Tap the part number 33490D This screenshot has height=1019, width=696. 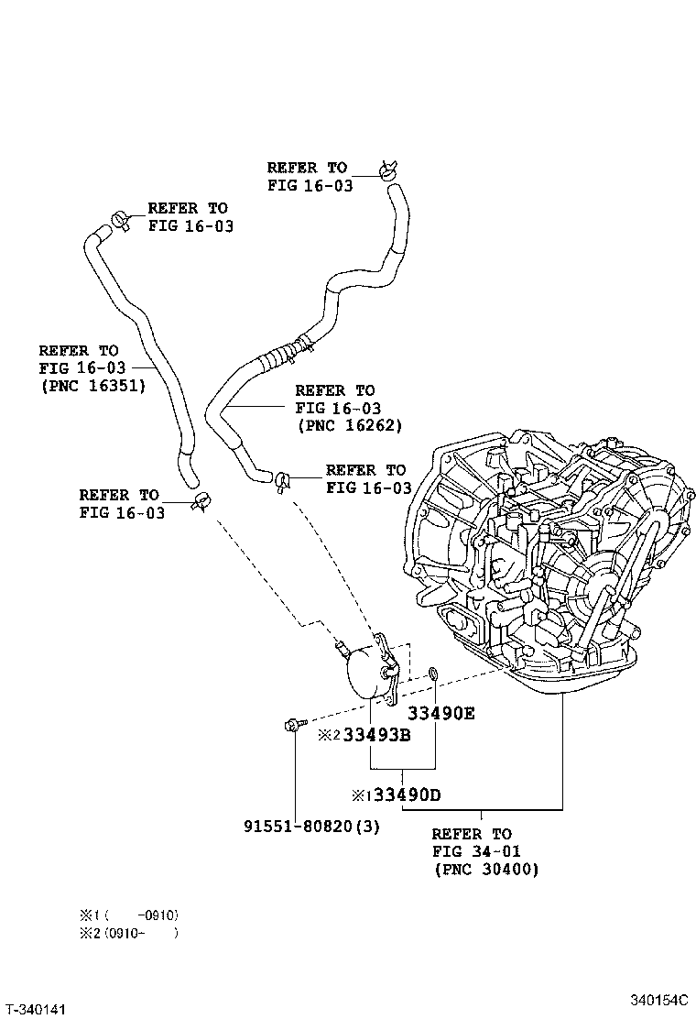400,794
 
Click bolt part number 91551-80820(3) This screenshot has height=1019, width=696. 311,826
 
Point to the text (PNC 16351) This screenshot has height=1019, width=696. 92,386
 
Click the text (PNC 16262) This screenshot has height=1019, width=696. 349,425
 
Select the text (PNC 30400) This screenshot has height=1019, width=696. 486,869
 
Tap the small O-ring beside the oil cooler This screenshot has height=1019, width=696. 434,676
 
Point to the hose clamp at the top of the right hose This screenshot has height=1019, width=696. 387,170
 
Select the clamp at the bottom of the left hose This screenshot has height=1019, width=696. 201,500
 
